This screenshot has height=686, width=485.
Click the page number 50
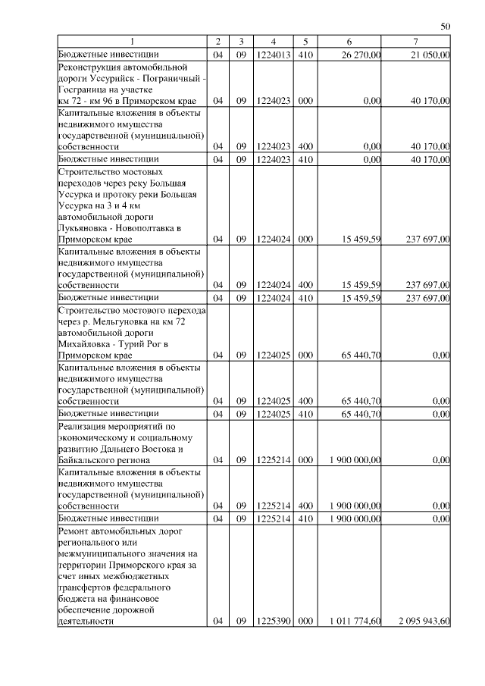click(446, 27)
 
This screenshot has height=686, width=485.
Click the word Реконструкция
click(89, 67)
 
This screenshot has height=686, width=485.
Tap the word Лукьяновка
click(84, 227)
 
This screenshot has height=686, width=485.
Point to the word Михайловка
click(84, 343)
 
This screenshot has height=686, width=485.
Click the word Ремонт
click(74, 531)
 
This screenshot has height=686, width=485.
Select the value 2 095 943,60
click(424, 622)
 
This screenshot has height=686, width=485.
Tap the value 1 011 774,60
click(355, 622)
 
